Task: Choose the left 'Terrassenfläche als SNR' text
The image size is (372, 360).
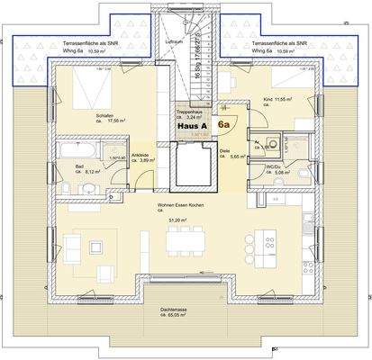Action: tap(86, 43)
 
